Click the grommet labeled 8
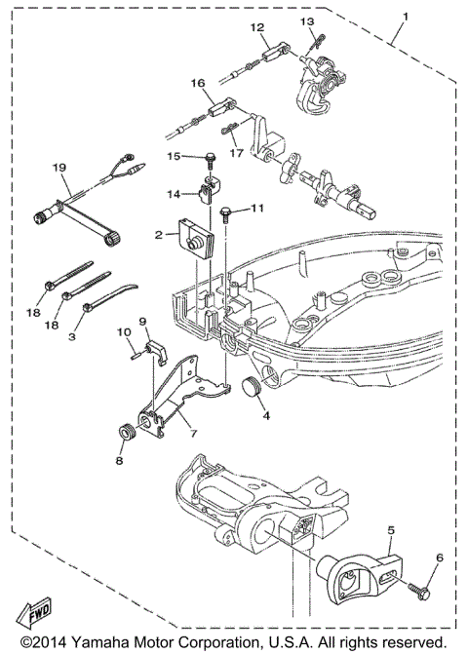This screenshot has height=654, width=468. pos(126,432)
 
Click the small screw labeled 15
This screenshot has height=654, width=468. pos(208,157)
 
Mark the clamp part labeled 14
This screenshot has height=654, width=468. pos(207,189)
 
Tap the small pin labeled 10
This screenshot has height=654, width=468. pos(135,354)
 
